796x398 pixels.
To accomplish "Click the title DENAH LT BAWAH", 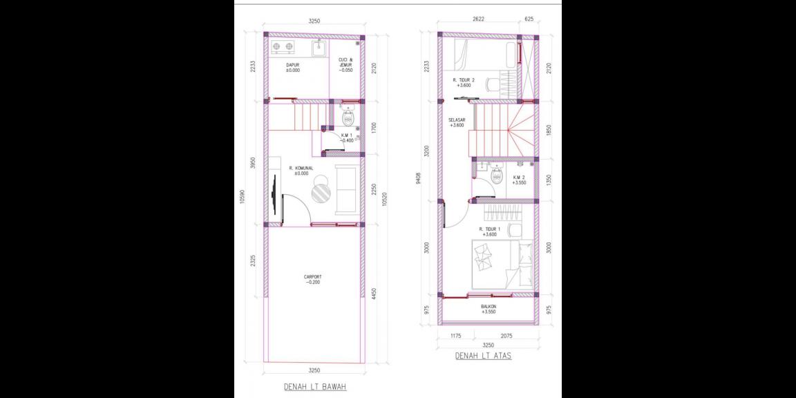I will (314, 387).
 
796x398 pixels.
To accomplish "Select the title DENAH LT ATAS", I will (483, 357).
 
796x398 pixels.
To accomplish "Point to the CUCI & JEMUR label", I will (345, 63).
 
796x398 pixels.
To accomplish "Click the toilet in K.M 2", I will (495, 177).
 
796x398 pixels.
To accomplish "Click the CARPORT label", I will (312, 277).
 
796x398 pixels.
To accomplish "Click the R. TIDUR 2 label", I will (464, 80).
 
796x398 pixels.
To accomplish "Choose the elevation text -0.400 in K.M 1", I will (347, 140).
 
